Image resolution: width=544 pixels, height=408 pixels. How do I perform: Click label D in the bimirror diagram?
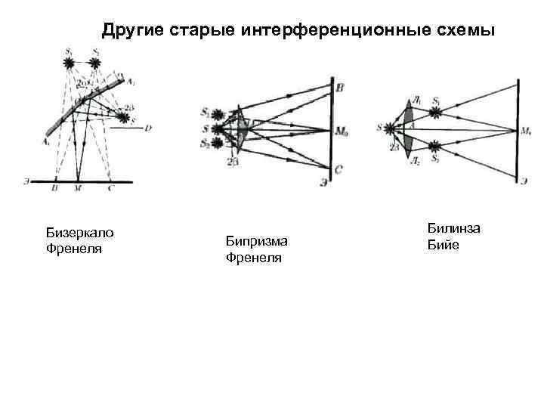pos(148,128)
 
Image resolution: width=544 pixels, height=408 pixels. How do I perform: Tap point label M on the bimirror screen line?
pos(78,189)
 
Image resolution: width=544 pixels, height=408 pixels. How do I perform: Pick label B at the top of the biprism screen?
pos(339,89)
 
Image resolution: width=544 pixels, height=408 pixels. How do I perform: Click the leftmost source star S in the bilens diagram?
pos(391,129)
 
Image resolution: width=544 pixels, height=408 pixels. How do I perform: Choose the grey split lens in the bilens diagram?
pos(408,129)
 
